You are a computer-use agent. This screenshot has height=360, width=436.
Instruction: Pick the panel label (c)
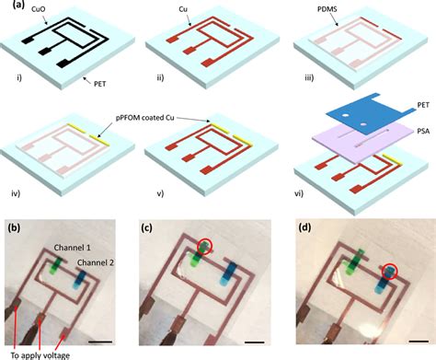[x=158, y=224]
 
